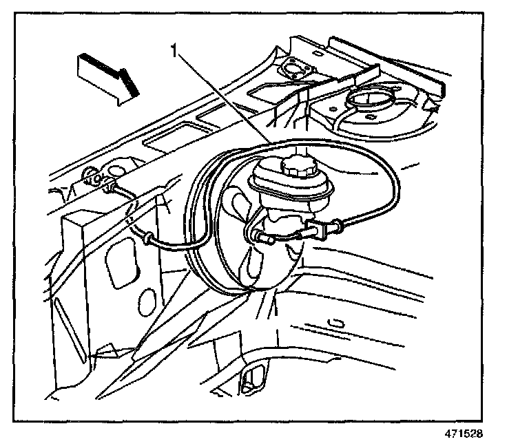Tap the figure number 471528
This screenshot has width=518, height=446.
point(463,435)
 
